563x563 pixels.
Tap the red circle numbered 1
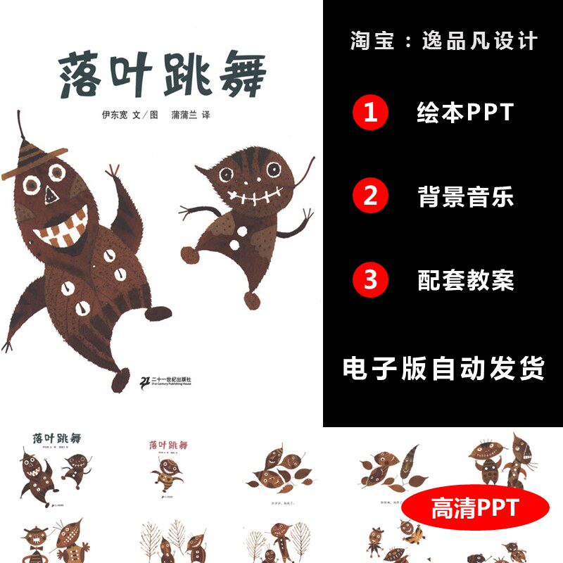click(x=370, y=113)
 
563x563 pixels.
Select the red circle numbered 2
click(x=370, y=196)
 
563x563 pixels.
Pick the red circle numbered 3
click(x=370, y=280)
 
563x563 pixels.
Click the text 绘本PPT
click(x=465, y=113)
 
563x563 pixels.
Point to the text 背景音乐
click(x=465, y=197)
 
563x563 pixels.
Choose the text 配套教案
click(x=465, y=280)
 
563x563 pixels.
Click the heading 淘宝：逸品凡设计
click(x=443, y=40)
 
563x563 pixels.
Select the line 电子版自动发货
click(x=443, y=368)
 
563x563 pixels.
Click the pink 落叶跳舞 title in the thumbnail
click(x=169, y=445)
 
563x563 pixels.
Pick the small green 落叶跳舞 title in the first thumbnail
click(x=57, y=438)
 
